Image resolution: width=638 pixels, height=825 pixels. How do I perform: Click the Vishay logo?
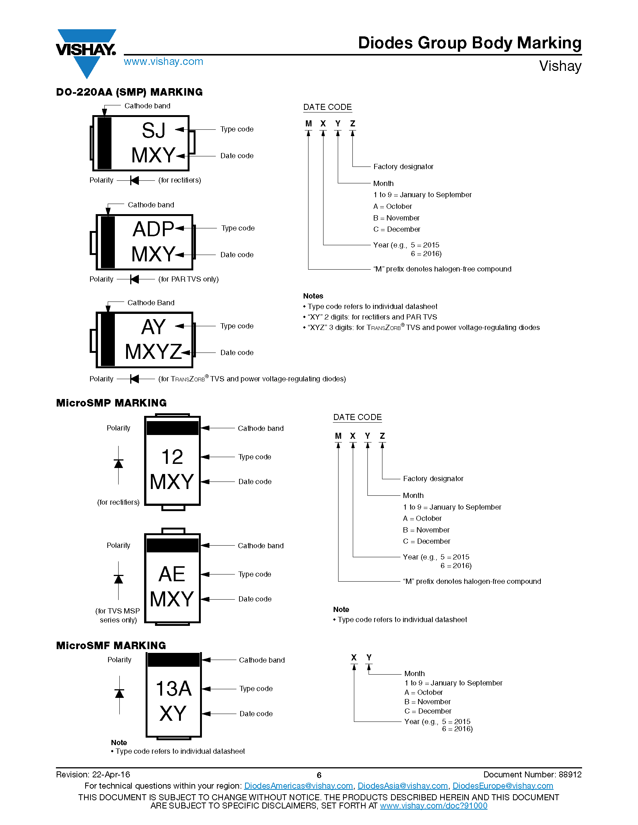point(86,53)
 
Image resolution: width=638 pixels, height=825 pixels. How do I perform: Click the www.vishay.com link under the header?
point(163,61)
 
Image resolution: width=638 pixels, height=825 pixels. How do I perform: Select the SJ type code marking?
point(153,130)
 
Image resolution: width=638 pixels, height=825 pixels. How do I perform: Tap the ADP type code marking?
point(153,229)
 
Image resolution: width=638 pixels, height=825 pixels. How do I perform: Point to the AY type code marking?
point(153,327)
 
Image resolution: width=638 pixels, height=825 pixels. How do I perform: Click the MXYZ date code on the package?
point(153,352)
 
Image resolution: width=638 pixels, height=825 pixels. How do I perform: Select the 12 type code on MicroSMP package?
point(172,457)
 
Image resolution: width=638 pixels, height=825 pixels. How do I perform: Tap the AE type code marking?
point(172,574)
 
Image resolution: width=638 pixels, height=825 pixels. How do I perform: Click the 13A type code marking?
point(174,688)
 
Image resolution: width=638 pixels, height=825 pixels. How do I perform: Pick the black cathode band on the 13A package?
point(173,660)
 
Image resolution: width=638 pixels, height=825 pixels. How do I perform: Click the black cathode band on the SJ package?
point(104,143)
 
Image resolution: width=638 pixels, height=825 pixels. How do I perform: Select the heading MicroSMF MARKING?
point(111,645)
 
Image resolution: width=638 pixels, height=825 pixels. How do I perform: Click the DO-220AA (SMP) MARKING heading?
point(129,92)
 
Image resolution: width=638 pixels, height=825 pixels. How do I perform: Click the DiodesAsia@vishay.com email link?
point(403,786)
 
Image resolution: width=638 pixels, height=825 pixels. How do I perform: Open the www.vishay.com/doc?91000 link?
point(433,806)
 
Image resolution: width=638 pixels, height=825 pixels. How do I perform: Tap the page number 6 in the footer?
point(319,775)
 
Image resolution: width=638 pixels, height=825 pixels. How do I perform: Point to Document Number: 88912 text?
point(533,775)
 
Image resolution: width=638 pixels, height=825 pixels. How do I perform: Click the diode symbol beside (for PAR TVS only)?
point(135,279)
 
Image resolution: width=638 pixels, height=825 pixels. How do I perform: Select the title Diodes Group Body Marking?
point(470,43)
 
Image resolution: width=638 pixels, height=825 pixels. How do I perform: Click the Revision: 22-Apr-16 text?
point(93,775)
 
